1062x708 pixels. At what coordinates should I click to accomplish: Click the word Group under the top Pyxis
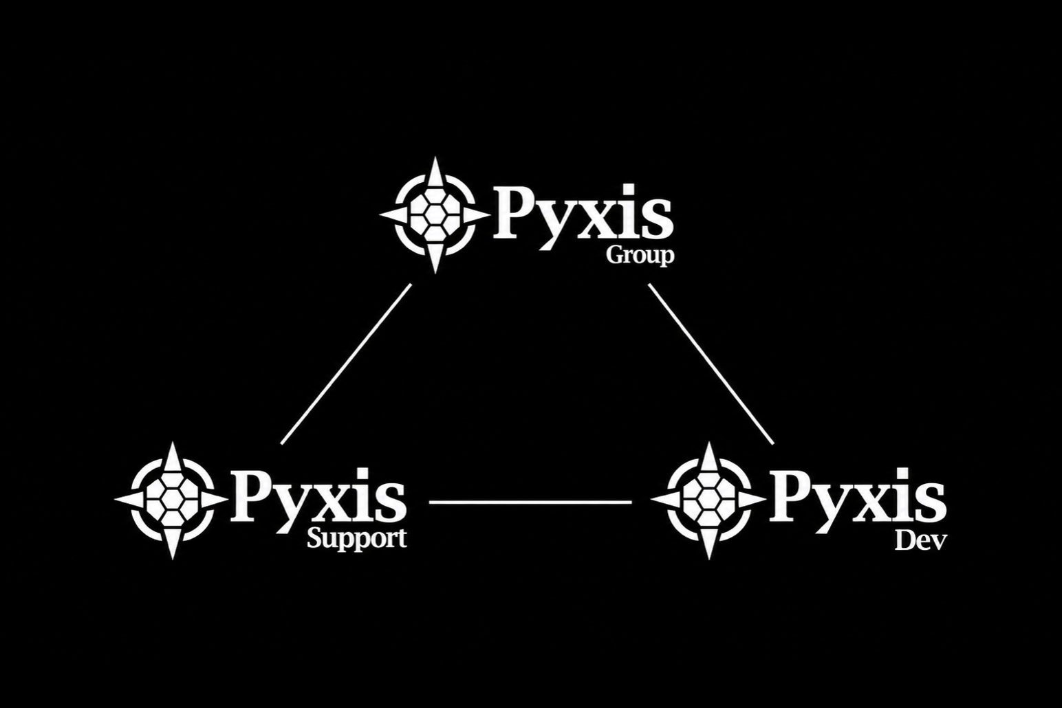point(640,256)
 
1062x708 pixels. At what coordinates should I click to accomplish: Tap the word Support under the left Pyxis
point(356,540)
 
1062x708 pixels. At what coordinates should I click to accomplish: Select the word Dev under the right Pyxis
point(921,541)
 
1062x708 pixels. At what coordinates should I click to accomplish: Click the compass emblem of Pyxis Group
point(435,215)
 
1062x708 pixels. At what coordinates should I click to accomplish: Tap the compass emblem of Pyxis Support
point(172,500)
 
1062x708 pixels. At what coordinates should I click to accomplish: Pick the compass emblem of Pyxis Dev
point(708,500)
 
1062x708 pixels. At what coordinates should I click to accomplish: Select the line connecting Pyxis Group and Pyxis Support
point(346,364)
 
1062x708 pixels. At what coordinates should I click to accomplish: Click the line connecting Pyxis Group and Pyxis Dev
point(711,364)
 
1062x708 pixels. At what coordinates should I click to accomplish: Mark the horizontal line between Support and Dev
point(530,502)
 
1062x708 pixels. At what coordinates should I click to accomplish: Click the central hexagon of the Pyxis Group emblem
point(435,215)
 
